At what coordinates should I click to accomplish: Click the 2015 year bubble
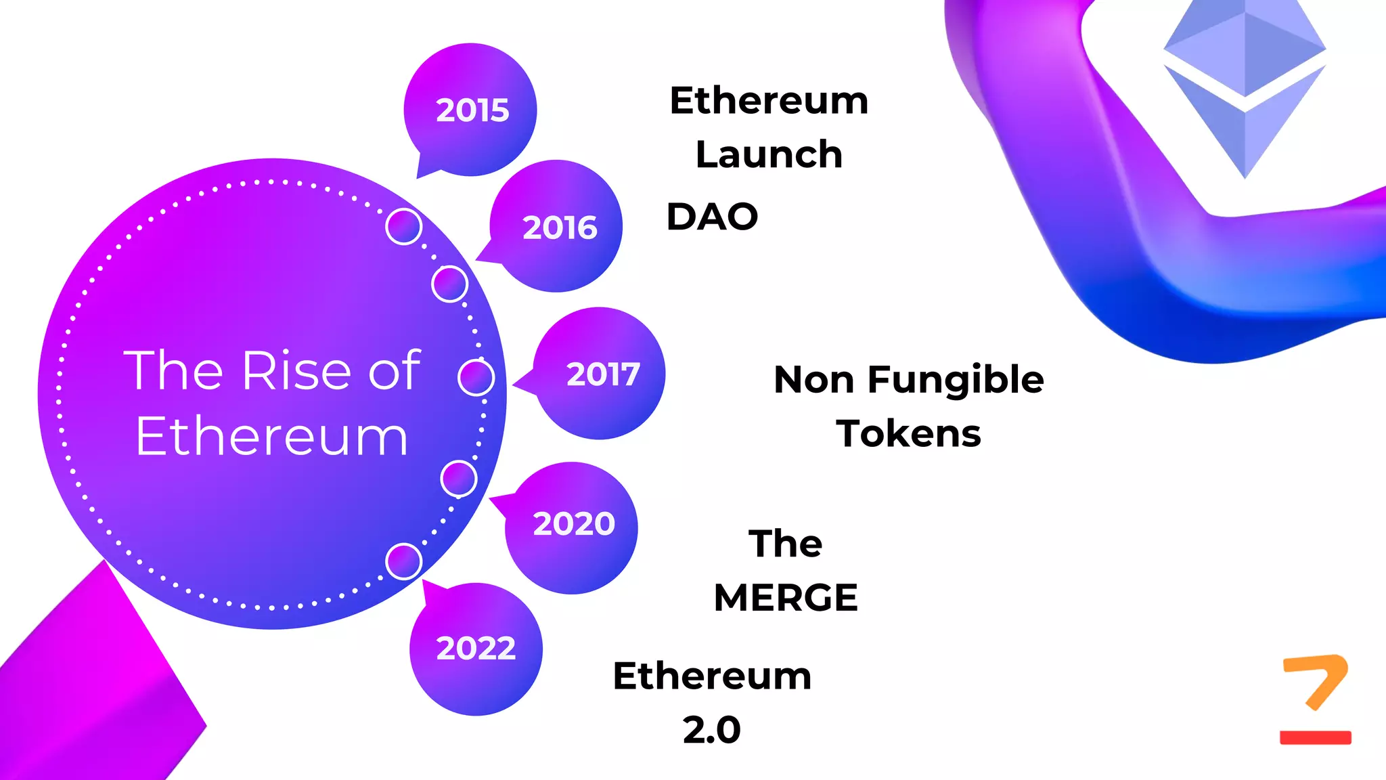coord(471,110)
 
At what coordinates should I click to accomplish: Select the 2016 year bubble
coord(558,227)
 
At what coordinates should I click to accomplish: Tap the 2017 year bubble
coord(601,374)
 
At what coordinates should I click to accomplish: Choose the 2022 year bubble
coord(476,649)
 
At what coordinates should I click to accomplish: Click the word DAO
coord(712,217)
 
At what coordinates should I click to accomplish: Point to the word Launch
coord(769,154)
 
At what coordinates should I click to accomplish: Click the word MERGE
coord(786,598)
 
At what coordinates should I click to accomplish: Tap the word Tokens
coord(908,433)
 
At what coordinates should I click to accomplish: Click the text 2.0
coord(711,730)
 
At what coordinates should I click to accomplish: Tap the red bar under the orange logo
coord(1315,737)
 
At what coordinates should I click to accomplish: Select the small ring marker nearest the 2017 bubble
coord(476,377)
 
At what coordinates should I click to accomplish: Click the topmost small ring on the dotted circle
coord(404,226)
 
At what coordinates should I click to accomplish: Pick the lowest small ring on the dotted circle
coord(404,561)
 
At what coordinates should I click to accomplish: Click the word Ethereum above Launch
coord(769,101)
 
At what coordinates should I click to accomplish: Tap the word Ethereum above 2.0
coord(712,676)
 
